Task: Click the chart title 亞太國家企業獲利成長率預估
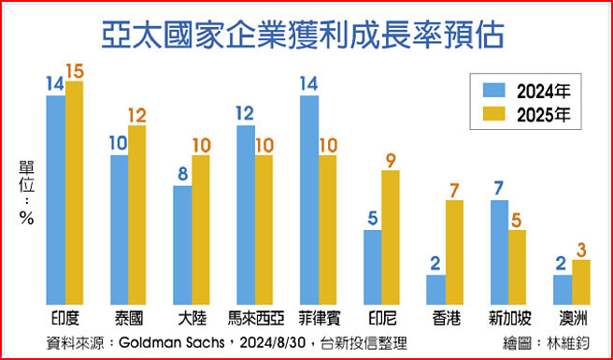pos(307,36)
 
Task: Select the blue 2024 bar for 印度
pos(56,196)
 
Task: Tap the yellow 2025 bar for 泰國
pos(137,211)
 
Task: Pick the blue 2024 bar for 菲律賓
pos(309,196)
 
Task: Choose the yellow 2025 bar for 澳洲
pos(581,280)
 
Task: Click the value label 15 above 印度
pos(75,71)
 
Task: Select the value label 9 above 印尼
pos(391,159)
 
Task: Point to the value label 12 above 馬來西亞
pos(246,114)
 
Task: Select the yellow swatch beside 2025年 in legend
pos(494,116)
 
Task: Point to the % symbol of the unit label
pos(26,220)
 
